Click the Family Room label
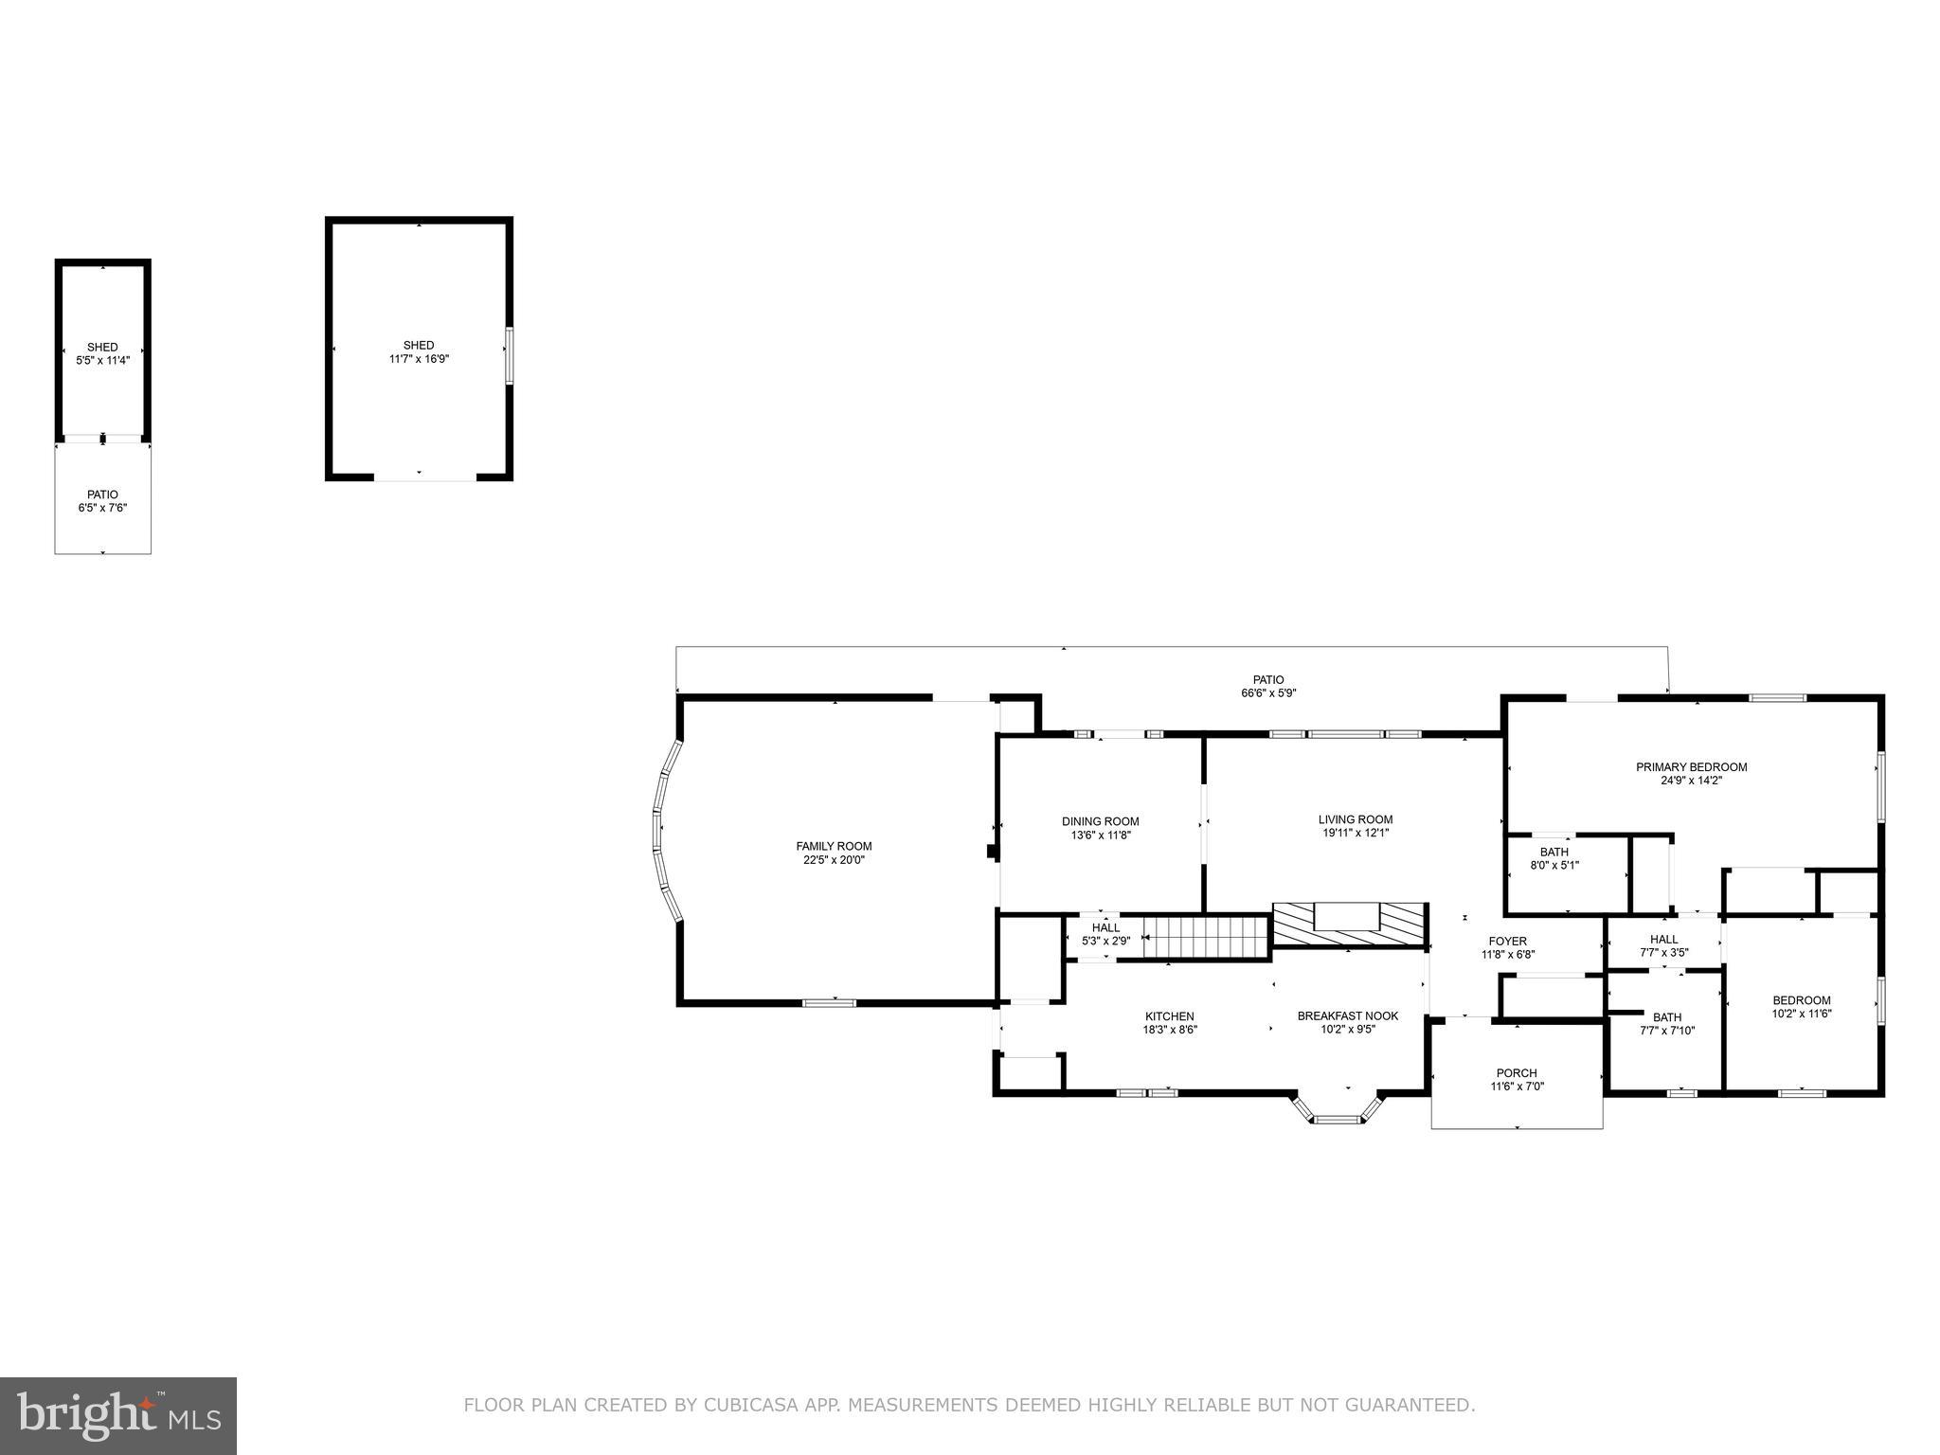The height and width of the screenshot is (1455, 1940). point(834,846)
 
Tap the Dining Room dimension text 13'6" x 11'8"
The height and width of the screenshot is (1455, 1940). point(1100,835)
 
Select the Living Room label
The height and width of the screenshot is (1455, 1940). point(1356,819)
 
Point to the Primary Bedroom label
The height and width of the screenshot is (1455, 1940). point(1691,767)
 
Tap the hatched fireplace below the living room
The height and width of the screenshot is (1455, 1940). point(1349,925)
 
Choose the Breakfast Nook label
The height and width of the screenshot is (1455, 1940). point(1347,1015)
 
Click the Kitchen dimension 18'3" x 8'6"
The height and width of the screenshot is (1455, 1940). point(1170,1030)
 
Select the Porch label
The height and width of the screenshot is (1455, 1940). point(1517,1073)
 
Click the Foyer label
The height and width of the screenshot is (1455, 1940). point(1507,941)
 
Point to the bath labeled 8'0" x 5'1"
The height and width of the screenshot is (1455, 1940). point(1554,858)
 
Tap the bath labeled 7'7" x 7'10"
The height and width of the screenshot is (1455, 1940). point(1666,1024)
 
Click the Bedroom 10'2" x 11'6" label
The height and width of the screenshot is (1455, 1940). point(1801,1006)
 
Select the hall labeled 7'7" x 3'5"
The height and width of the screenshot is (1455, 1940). point(1663,945)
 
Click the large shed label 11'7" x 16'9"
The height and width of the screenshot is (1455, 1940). point(418,352)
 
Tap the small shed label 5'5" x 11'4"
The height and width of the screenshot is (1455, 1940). point(102,353)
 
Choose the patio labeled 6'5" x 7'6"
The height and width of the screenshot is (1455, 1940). point(102,501)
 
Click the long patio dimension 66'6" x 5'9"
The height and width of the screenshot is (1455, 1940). point(1268,693)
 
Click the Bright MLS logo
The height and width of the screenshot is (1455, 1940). point(117,1415)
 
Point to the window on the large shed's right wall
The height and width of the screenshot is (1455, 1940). point(509,355)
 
